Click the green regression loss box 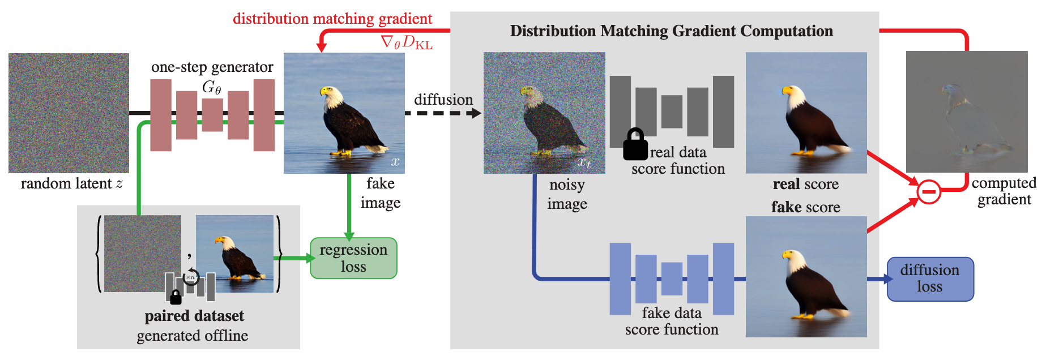click(353, 258)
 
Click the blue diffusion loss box click(930, 279)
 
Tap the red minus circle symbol click(929, 192)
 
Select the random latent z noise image click(69, 113)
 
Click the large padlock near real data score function click(635, 145)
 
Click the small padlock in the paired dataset click(176, 297)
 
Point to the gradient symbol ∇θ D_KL click(407, 42)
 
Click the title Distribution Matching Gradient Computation click(671, 31)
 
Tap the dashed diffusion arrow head click(476, 113)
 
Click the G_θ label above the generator click(211, 87)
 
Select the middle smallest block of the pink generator click(212, 115)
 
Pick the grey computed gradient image click(966, 112)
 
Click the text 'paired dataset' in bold click(194, 316)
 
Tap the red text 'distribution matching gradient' click(332, 19)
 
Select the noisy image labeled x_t click(544, 113)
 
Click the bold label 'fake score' click(805, 207)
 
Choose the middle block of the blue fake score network click(672, 278)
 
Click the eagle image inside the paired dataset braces click(234, 254)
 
